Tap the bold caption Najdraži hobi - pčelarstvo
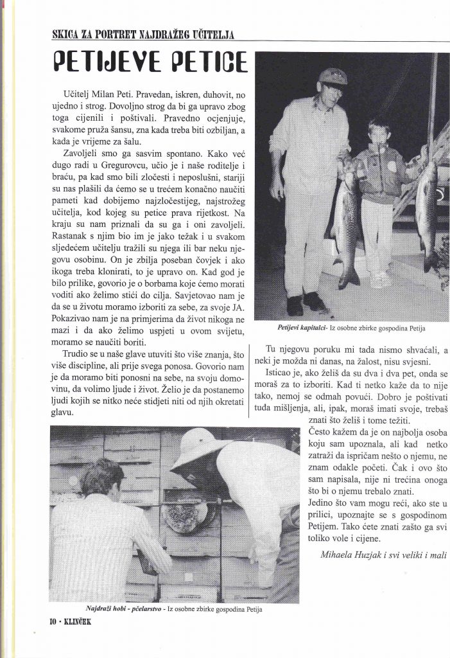click(126, 607)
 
